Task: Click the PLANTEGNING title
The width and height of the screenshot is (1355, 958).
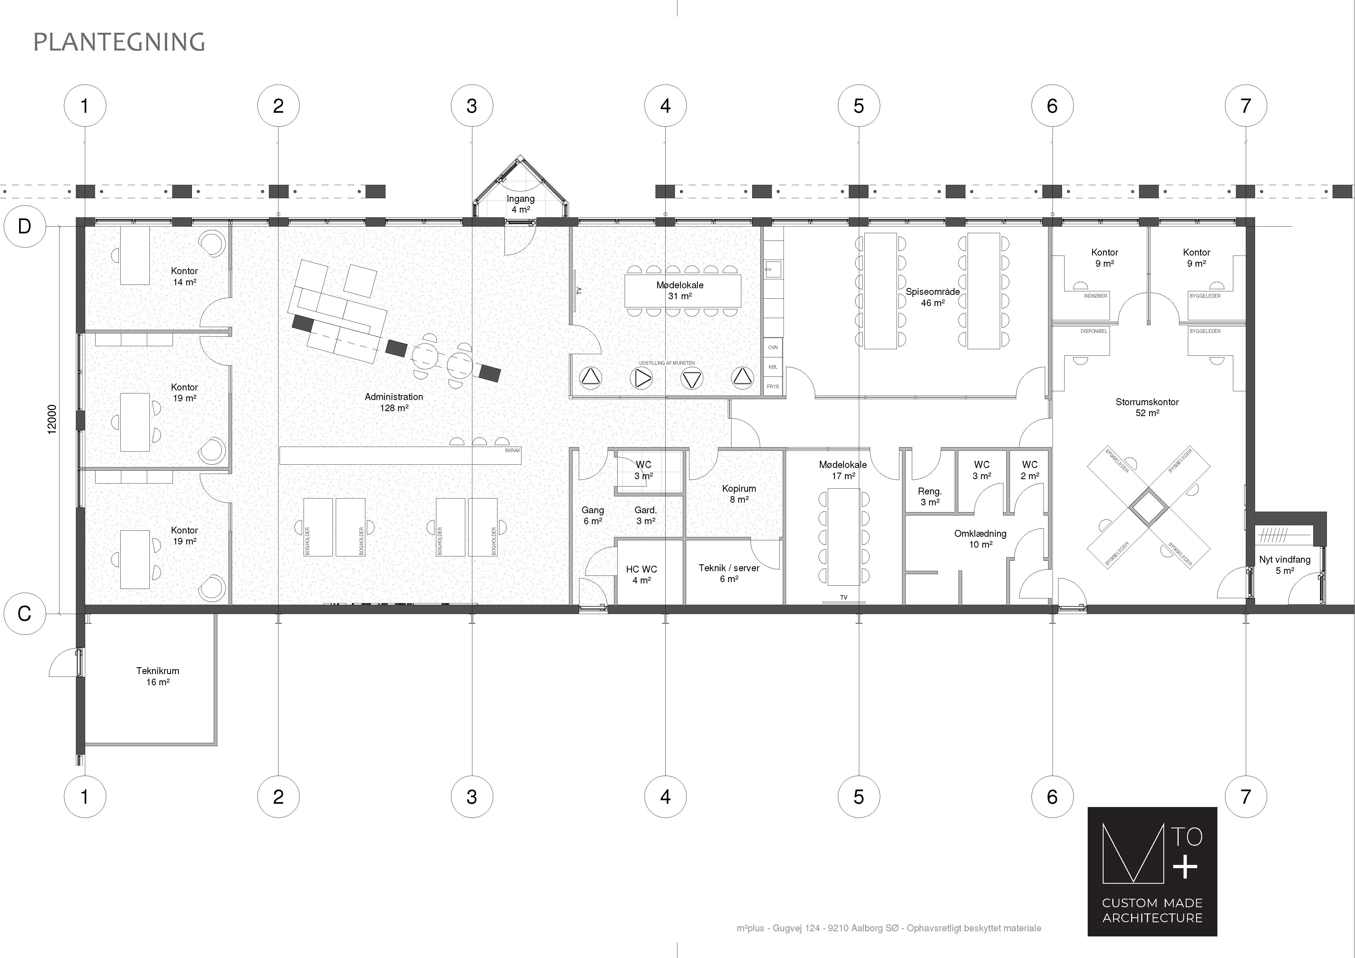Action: click(119, 42)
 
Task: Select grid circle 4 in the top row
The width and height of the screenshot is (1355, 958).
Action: click(665, 106)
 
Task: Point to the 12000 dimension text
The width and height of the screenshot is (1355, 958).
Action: click(52, 419)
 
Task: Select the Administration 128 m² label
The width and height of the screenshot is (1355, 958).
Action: click(394, 402)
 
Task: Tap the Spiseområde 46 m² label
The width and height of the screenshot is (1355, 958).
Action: click(932, 297)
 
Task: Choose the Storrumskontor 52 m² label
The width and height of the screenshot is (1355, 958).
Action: click(1147, 407)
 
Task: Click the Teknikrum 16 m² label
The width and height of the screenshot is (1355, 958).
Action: click(158, 676)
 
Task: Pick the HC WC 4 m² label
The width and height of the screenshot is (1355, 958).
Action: click(642, 574)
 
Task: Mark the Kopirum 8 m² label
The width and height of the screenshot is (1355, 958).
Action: click(739, 493)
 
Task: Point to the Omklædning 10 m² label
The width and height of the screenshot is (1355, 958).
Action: click(980, 539)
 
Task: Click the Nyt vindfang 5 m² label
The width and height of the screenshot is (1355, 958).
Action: click(1285, 565)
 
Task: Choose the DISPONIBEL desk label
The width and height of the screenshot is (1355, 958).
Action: click(1093, 331)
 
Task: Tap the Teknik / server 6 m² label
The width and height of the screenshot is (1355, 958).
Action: click(729, 573)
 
